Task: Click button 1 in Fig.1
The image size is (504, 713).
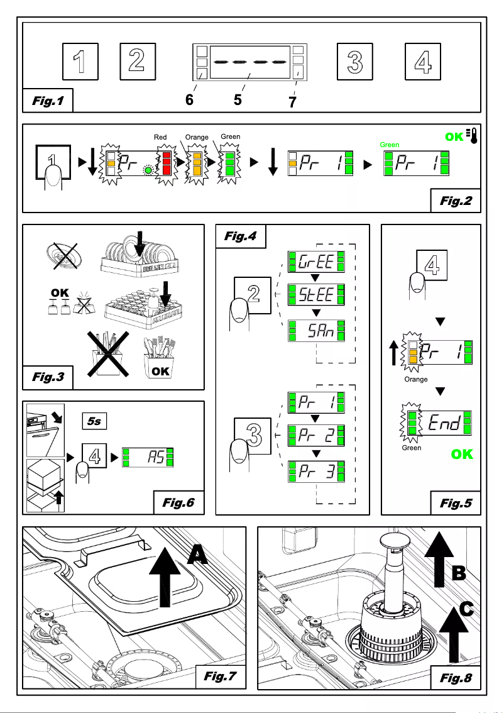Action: point(80,62)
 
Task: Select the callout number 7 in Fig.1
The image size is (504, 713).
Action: point(293,102)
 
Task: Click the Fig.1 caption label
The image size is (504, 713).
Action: point(47,101)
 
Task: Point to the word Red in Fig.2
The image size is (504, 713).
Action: point(162,136)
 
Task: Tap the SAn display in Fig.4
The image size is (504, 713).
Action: point(316,330)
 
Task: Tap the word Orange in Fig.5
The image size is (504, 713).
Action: point(416,379)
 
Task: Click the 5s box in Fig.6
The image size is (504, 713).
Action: point(94,421)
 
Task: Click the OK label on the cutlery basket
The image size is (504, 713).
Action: point(160,371)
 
